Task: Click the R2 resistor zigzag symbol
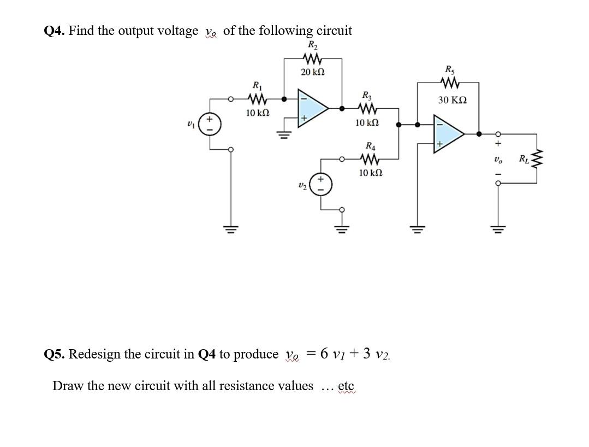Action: [313, 58]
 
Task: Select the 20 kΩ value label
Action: [313, 73]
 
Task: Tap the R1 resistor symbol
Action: [257, 99]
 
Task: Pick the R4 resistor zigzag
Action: [370, 160]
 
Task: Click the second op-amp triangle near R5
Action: [446, 132]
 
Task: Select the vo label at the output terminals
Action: [497, 160]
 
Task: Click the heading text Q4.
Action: [54, 31]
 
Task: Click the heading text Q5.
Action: [54, 354]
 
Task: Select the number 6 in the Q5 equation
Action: [324, 354]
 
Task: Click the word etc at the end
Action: [346, 386]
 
